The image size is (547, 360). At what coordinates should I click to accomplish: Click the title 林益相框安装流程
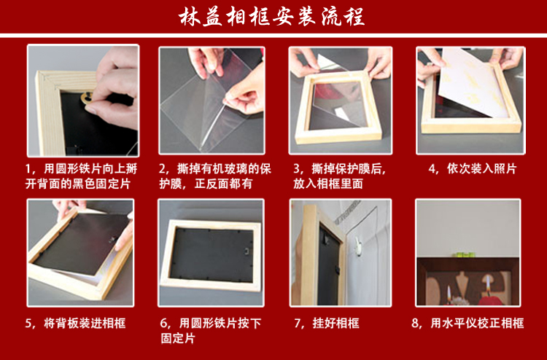(x=271, y=16)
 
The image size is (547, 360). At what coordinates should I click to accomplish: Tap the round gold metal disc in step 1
(x=88, y=98)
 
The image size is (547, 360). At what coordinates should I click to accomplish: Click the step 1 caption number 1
(x=28, y=169)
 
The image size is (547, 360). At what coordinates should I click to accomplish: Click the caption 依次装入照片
(x=482, y=169)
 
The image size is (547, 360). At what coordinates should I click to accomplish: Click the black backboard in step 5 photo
(x=82, y=244)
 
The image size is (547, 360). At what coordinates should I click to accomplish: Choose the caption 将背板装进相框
(x=85, y=324)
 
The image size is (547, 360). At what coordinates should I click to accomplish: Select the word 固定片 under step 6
(x=177, y=338)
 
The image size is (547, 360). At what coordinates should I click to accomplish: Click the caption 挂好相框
(x=335, y=324)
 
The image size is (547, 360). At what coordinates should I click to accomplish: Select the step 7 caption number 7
(x=298, y=324)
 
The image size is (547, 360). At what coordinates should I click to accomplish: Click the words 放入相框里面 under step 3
(x=328, y=184)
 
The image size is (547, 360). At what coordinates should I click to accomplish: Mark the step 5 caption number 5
(x=28, y=324)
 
